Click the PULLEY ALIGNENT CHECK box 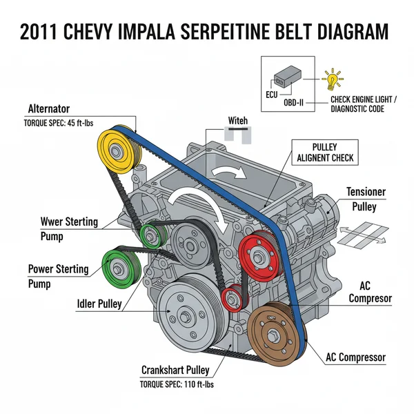point(324,152)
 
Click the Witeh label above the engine point(237,121)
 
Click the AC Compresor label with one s point(371,292)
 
